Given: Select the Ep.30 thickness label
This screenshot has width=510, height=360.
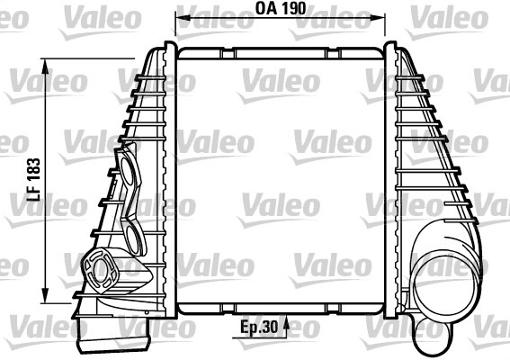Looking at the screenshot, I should (x=258, y=329).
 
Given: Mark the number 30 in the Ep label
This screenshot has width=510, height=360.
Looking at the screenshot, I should (x=269, y=329).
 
